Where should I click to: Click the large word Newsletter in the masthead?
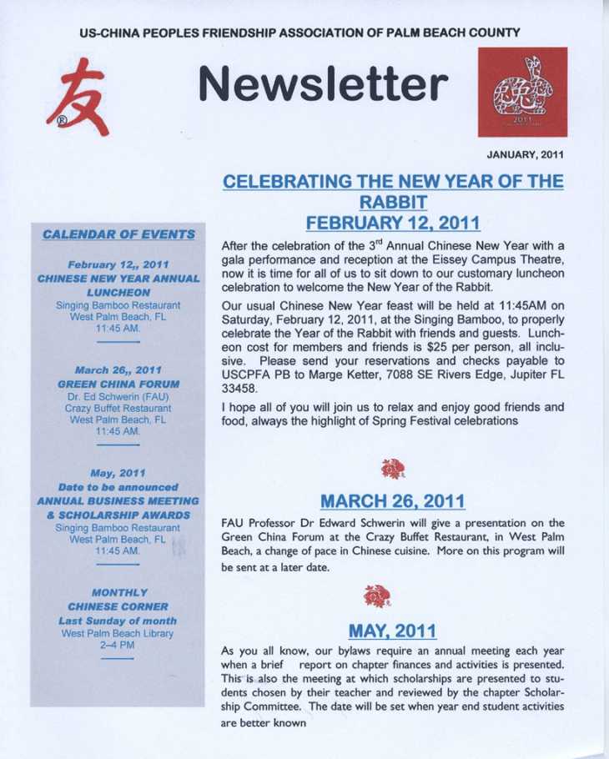[x=324, y=84]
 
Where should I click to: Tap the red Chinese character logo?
[x=78, y=104]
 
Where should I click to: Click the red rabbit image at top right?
[x=522, y=92]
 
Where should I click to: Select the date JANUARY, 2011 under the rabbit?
[x=527, y=154]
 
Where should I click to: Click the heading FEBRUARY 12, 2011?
[x=392, y=223]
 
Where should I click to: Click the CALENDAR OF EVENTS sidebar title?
[x=118, y=234]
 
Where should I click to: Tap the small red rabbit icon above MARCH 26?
[x=391, y=472]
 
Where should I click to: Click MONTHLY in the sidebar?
[x=117, y=592]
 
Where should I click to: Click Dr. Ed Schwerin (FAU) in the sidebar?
[x=118, y=396]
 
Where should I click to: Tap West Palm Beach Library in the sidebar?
[x=118, y=633]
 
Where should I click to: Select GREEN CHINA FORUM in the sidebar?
[x=118, y=384]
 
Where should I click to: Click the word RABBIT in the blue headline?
[x=392, y=201]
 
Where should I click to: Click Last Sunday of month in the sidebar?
[x=117, y=621]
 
